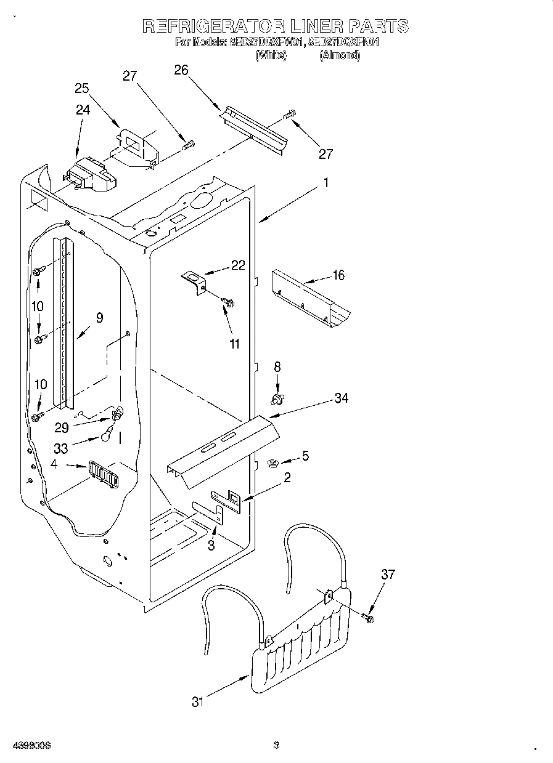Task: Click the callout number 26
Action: (x=181, y=70)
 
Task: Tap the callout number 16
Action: (x=338, y=275)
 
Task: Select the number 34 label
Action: (x=341, y=398)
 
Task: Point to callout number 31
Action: (x=197, y=701)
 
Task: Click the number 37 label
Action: (x=387, y=575)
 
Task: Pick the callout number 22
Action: (x=237, y=265)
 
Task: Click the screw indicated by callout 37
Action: (x=368, y=616)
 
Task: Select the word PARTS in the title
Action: (x=379, y=26)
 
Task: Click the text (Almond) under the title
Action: (x=339, y=55)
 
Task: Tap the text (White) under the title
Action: (x=271, y=55)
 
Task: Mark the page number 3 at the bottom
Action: (x=276, y=746)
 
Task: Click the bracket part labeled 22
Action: (x=194, y=283)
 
